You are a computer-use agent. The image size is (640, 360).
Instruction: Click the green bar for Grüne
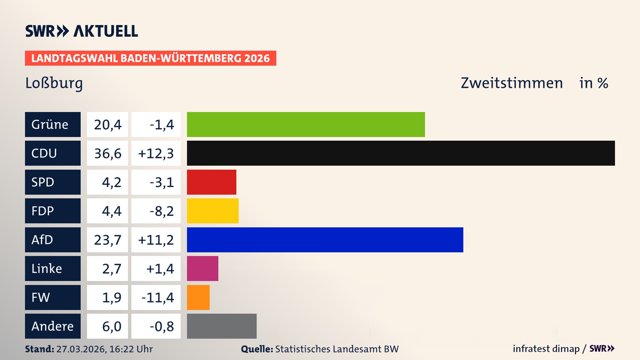point(306,124)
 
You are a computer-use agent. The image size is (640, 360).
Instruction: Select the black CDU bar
point(401,153)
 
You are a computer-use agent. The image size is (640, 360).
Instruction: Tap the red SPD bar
point(211,182)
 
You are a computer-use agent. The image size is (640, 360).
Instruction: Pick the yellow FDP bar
point(213,211)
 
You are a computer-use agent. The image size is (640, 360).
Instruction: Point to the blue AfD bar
point(325,240)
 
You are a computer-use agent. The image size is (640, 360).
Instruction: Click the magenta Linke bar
point(202,268)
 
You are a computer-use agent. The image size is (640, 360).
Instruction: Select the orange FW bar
point(198,297)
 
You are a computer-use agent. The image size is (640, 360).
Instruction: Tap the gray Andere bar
point(222,326)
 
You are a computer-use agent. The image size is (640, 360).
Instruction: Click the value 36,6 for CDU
point(107,153)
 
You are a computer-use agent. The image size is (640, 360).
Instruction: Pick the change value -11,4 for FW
point(157,297)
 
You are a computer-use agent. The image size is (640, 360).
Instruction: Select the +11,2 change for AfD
point(156,240)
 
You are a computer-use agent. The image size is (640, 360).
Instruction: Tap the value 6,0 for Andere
point(111,326)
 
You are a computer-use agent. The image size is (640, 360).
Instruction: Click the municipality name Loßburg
point(54,83)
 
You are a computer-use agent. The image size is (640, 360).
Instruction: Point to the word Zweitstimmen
point(511,83)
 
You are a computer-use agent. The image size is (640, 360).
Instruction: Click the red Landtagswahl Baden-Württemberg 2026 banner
point(150,58)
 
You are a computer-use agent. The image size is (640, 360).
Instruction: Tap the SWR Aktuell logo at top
point(81,31)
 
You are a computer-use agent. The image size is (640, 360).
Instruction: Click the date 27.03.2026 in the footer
point(81,349)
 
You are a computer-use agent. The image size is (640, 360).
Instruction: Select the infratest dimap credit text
point(546,349)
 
